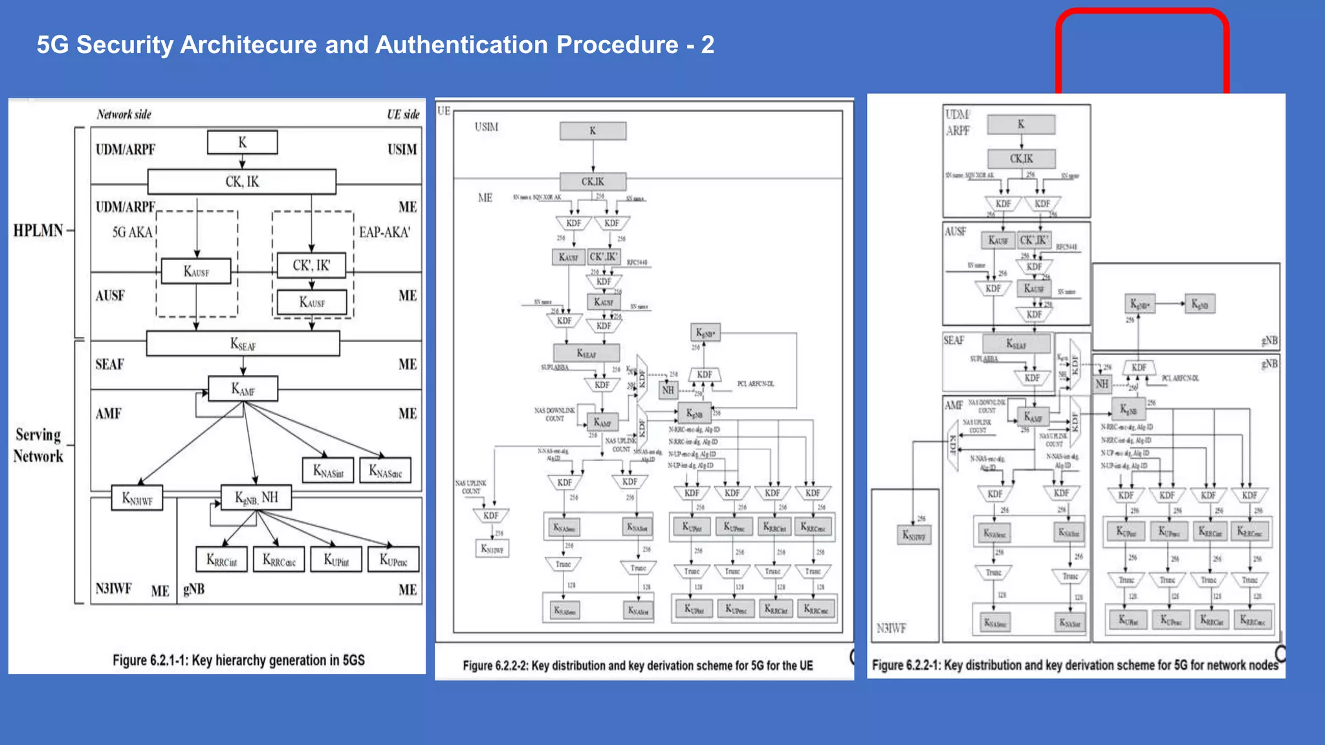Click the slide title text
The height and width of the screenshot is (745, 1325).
point(375,45)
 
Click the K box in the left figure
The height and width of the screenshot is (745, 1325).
point(242,142)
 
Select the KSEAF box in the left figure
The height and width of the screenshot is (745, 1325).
point(243,343)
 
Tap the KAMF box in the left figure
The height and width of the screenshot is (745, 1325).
point(243,389)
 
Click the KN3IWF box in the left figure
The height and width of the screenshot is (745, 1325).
point(137,498)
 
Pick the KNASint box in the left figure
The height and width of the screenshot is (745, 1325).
point(328,470)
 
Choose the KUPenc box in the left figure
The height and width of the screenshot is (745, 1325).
point(393,559)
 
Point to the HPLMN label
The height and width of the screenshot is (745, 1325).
point(38,230)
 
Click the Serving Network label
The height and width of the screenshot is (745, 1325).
point(39,445)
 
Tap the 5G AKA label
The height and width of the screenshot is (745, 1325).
point(132,232)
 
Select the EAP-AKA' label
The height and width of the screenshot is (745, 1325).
point(384,232)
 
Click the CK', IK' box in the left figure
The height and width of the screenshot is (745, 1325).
point(311,265)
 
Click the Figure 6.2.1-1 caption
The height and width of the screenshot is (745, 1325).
point(239,660)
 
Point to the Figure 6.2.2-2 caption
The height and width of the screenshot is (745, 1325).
point(637,665)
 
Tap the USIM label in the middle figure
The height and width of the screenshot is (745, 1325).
point(487,127)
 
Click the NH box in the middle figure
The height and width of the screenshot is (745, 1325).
point(668,390)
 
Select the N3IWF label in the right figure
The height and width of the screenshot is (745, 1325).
point(891,628)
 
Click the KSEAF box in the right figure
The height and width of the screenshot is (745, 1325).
point(1016,343)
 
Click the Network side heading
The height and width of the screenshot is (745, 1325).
point(124,114)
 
